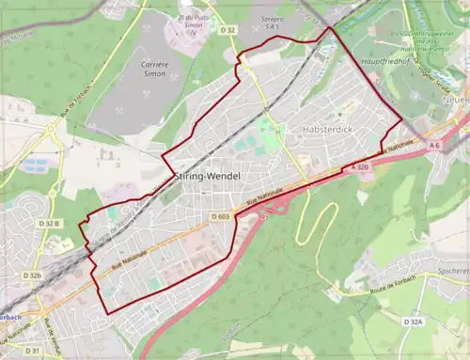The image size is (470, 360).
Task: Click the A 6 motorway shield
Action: pos(434,147)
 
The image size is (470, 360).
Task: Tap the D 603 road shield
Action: pos(221,217)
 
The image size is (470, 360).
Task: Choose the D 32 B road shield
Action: pos(50,224)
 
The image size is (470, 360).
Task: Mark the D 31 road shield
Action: pos(32,351)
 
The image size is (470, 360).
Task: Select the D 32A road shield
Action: pos(414,321)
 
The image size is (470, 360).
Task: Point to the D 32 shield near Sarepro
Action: pos(228,30)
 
